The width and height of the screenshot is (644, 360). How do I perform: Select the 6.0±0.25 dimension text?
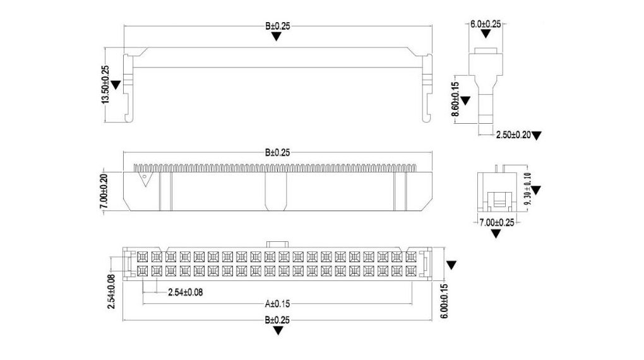click(x=486, y=24)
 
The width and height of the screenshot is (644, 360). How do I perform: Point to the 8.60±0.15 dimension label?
click(x=455, y=99)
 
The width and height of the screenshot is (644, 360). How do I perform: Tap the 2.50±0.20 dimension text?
click(x=513, y=135)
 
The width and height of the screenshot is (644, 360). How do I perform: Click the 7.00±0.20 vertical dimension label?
click(x=104, y=191)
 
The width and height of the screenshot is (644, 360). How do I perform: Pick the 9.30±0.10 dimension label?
click(x=528, y=191)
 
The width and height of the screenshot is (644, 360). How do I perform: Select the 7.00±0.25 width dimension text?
click(x=497, y=223)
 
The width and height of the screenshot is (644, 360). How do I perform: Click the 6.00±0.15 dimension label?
click(x=444, y=301)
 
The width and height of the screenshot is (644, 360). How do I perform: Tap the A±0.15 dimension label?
click(x=277, y=304)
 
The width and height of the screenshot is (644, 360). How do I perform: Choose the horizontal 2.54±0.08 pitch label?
click(x=185, y=292)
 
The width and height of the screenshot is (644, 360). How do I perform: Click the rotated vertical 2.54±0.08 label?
click(x=111, y=292)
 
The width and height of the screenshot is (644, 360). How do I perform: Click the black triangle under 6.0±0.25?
click(x=486, y=34)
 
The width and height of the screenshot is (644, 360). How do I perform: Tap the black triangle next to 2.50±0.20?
click(x=537, y=136)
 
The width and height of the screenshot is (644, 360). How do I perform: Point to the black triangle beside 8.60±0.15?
click(x=465, y=100)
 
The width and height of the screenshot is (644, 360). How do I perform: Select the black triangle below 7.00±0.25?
click(x=496, y=234)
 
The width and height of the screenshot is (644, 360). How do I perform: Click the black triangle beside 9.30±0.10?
click(x=536, y=190)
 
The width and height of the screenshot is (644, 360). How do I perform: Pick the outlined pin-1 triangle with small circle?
click(x=145, y=179)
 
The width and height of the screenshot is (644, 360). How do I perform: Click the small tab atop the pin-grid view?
click(x=278, y=244)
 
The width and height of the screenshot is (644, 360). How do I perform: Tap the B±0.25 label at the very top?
click(x=277, y=27)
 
